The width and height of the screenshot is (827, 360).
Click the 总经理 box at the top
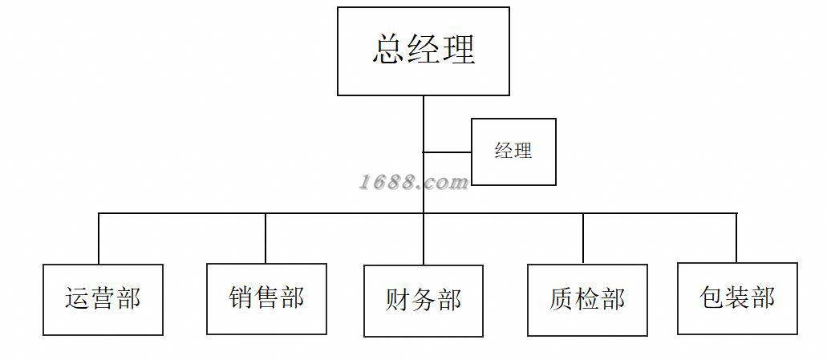pos(424,51)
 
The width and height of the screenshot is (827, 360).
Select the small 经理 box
pos(513,152)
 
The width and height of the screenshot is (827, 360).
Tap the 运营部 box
pos(103,299)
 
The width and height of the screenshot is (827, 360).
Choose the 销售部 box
pos(266,298)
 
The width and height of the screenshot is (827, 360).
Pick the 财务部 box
pos(424,301)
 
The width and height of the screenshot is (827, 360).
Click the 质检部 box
pos(587,300)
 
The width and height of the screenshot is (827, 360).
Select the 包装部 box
pos(737,298)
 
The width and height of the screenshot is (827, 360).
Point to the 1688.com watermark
pos(413,182)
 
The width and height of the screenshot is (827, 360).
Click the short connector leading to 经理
pos(447,152)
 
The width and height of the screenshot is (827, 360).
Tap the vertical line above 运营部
pos(99,239)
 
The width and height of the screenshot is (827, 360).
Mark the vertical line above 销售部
pos(266,238)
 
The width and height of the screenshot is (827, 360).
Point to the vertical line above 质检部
pos(583,239)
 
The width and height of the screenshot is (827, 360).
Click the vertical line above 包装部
pos(736,238)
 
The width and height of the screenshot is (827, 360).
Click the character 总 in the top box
pos(389,50)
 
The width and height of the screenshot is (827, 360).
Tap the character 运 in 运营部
pos(78,299)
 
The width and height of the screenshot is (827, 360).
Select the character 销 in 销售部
pos(241,298)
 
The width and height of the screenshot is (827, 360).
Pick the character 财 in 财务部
pos(399,301)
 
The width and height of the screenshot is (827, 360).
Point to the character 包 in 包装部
pos(712,298)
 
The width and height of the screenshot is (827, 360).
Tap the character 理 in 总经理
pos(458,50)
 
